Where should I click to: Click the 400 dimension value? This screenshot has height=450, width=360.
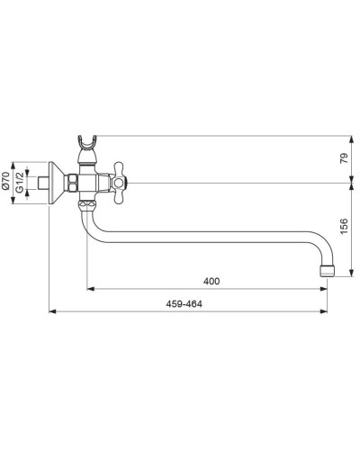click(x=211, y=282)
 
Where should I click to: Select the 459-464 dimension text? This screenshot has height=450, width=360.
click(x=184, y=304)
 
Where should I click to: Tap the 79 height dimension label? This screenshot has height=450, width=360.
click(x=345, y=158)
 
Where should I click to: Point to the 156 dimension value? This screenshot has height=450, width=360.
click(x=345, y=226)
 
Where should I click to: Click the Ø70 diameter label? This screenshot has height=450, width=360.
click(x=5, y=180)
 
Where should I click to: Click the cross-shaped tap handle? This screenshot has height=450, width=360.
click(x=119, y=183)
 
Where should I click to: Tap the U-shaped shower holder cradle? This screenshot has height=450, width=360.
click(x=87, y=142)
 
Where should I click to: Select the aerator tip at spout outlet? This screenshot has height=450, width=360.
click(x=327, y=271)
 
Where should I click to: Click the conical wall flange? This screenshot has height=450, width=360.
click(x=56, y=183)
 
